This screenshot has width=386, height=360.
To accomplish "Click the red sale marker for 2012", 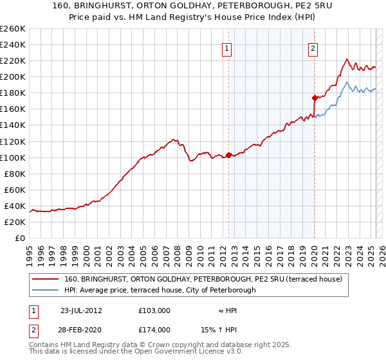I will click(228, 155).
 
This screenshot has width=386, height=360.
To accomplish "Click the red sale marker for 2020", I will click(315, 98).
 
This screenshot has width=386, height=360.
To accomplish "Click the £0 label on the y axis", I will click(21, 238).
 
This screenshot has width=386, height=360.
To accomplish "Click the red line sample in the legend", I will click(45, 279).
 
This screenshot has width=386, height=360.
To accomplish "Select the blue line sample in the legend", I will click(45, 290).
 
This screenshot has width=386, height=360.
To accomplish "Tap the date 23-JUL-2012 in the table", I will click(82, 310).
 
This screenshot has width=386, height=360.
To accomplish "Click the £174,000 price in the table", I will click(154, 329).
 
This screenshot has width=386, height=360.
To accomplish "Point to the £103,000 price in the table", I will click(154, 310).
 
